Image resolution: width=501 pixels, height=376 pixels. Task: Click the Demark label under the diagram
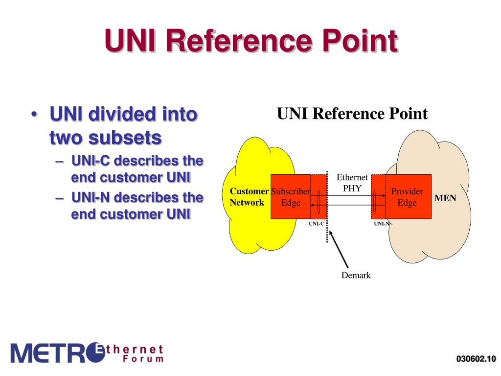(x=356, y=275)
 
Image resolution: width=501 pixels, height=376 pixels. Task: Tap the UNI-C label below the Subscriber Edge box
(x=316, y=224)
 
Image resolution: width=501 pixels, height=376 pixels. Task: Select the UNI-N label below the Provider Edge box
(x=382, y=224)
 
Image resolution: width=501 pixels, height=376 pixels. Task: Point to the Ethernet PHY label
(x=352, y=182)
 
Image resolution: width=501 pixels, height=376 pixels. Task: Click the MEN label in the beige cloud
(x=445, y=198)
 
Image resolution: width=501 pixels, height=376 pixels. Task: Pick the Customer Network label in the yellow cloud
(x=249, y=197)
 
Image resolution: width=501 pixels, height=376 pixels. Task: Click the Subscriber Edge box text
(x=291, y=197)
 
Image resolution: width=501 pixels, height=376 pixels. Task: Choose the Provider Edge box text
(x=407, y=197)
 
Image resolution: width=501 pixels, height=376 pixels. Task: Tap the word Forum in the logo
(x=145, y=359)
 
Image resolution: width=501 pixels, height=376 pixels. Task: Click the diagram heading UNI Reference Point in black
(x=352, y=114)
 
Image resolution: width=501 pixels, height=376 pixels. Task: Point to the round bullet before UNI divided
(x=34, y=116)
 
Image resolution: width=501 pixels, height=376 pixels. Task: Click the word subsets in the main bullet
(x=125, y=138)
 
